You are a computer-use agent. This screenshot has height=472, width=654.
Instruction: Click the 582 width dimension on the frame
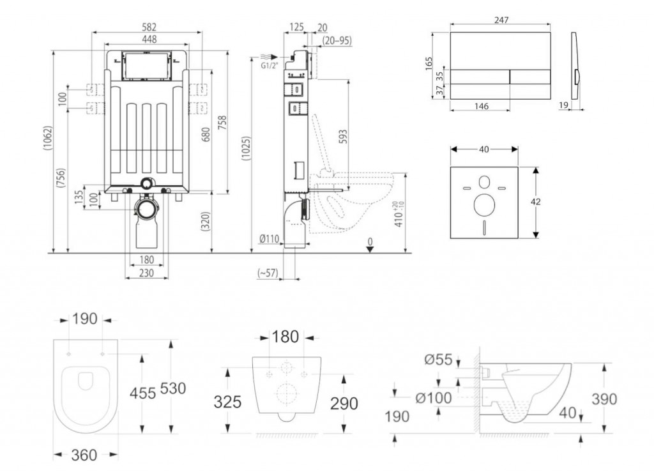[x=148, y=27]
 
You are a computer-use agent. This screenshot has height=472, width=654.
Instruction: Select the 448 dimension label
[x=148, y=40]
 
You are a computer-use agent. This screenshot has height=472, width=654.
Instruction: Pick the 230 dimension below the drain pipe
[x=146, y=273]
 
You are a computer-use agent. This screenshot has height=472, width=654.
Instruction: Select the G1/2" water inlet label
[x=271, y=65]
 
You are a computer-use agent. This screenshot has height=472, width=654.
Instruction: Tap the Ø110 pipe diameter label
[x=270, y=239]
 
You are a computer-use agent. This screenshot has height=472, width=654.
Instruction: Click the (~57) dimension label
[x=266, y=273]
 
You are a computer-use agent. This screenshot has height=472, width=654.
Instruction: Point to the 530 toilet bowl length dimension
[x=173, y=389]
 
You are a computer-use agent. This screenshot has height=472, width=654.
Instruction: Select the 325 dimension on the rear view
[x=228, y=402]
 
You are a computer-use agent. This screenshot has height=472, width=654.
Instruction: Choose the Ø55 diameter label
[x=439, y=360]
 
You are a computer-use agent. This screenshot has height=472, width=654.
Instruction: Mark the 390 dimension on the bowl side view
[x=604, y=399]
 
